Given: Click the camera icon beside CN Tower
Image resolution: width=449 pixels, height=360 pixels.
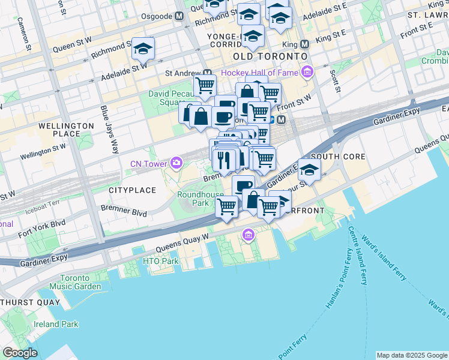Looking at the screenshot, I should [176, 163].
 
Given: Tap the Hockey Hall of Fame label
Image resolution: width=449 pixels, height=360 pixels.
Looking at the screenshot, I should [259, 73].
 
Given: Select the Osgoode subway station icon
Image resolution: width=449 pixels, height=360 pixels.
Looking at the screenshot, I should [179, 16].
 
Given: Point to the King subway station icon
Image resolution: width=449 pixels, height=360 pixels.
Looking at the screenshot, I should [304, 44].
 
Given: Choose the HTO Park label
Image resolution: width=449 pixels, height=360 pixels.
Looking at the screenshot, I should [160, 261].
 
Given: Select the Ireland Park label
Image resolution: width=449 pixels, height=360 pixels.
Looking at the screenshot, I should [56, 324].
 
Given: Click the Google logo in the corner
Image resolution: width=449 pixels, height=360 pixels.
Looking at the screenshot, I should [20, 353].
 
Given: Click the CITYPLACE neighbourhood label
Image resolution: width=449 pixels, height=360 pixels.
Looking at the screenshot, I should [132, 190].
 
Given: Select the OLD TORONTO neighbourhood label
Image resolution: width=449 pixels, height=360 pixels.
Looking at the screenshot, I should [265, 56].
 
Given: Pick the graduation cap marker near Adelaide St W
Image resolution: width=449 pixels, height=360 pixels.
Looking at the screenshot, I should [143, 48].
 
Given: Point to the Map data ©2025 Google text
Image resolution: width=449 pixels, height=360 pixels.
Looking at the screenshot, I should [411, 355].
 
